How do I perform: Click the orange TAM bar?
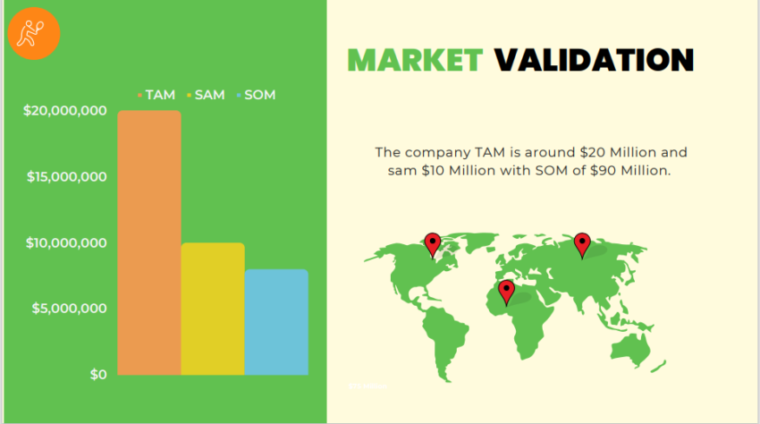pos(149,242)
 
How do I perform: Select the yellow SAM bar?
pos(213,309)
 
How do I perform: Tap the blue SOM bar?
pos(276,322)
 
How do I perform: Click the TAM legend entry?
pos(156,94)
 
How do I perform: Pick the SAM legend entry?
pos(205,94)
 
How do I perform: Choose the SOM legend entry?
pos(255,94)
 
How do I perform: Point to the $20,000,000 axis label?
pos(65,111)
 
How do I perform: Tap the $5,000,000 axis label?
pos(70,309)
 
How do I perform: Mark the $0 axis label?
pos(97,374)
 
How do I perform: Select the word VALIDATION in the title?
pos(594,60)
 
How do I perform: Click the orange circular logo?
pos(34,34)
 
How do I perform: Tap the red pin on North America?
pos(433,243)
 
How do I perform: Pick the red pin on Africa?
pos(506,291)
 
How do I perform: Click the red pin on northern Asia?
pos(582,243)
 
